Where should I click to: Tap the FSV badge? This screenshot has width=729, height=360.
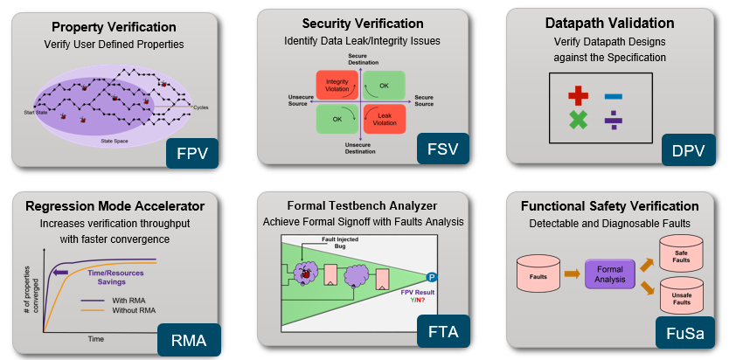442,149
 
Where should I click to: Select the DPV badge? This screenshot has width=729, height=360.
688,149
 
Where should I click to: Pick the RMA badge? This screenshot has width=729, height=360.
190,339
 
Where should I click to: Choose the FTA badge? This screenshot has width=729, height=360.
442,334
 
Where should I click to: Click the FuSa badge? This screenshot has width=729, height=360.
685,334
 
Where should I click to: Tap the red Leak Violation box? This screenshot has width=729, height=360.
384,119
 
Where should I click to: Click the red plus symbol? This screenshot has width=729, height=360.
578,95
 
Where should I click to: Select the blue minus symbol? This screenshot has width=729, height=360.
614,95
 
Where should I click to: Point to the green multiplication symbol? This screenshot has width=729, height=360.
578,121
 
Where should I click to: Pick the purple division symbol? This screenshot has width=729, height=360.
614,121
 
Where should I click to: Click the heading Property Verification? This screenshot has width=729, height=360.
114,26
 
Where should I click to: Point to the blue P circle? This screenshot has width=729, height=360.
431,277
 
